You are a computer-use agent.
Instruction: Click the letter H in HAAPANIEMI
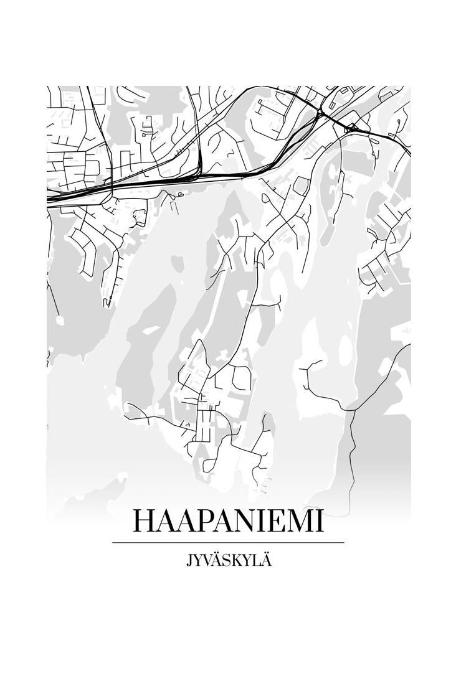coord(145,522)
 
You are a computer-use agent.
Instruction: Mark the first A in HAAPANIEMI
coord(165,522)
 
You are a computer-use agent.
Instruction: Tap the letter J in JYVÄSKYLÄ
coord(188,561)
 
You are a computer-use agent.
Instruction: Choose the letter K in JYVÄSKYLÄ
coord(237,561)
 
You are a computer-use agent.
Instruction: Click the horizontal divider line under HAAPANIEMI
coord(228,543)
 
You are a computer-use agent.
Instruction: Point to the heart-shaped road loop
coord(179,195)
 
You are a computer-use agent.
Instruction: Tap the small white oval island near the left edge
coord(59,321)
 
